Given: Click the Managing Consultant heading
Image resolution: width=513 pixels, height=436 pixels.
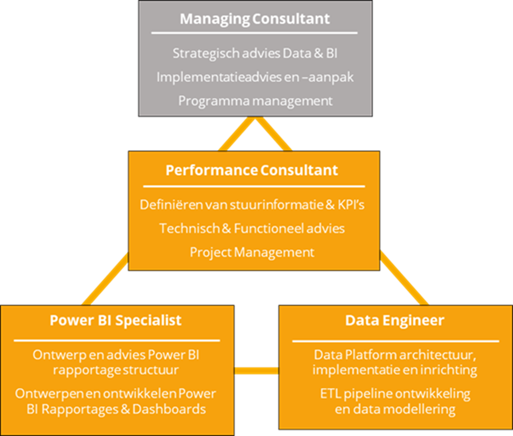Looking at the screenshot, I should [255, 19].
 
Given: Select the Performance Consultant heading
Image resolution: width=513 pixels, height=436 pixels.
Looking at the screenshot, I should [252, 170].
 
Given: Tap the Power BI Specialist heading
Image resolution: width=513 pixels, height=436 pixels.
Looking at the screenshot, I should [116, 320].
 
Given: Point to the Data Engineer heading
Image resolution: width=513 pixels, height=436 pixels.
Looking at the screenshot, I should [394, 320].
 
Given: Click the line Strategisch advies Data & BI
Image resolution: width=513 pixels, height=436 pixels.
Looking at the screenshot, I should [255, 54].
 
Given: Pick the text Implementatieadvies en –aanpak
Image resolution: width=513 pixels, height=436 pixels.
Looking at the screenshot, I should [255, 77].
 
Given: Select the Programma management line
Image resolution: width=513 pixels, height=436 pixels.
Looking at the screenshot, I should [255, 100].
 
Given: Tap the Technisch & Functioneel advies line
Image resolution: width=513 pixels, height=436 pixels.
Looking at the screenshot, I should [252, 228].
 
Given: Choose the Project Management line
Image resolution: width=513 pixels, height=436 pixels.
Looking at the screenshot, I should [252, 252].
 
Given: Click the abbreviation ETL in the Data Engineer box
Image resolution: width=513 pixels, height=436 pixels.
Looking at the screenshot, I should [330, 394].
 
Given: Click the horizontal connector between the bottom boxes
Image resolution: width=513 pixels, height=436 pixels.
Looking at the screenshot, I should [256, 370].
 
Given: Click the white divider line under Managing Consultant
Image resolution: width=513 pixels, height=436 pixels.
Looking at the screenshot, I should [255, 33].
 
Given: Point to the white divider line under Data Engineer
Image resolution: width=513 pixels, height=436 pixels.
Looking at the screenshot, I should [395, 341].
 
